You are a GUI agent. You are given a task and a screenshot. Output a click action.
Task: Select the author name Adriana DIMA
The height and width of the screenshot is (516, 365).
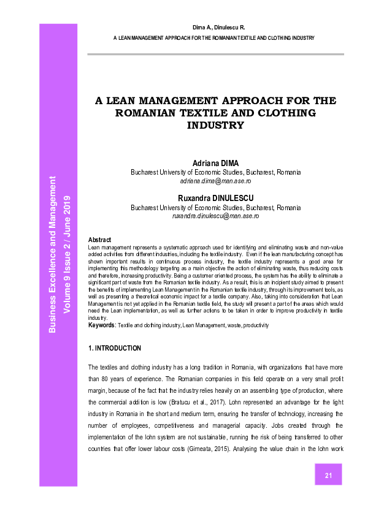tap(215, 163)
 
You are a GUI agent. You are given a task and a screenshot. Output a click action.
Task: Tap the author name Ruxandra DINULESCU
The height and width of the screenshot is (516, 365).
tap(215, 199)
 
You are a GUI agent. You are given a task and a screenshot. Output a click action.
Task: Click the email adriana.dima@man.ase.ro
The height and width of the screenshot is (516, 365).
tap(215, 182)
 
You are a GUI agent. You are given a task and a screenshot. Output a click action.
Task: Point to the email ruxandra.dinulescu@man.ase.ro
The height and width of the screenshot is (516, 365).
tap(215, 216)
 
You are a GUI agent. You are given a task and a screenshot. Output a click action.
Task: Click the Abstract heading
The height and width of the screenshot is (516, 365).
tap(99, 240)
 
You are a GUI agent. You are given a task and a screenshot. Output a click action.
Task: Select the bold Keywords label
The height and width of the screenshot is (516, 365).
tap(102, 325)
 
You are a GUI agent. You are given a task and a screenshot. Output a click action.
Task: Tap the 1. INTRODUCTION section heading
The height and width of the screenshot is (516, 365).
tap(115, 348)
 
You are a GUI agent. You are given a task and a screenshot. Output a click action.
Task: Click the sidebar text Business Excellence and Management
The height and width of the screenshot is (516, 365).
tap(53, 255)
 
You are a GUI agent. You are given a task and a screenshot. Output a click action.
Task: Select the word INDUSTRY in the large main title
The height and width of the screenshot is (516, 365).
tap(215, 126)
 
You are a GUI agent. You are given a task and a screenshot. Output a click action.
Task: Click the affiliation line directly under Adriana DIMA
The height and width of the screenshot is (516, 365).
tap(215, 173)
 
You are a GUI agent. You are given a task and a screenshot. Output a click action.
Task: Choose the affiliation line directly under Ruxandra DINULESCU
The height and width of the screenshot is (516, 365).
tap(215, 208)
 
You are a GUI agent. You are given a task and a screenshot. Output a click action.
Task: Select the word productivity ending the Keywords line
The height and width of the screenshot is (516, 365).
tap(255, 325)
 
